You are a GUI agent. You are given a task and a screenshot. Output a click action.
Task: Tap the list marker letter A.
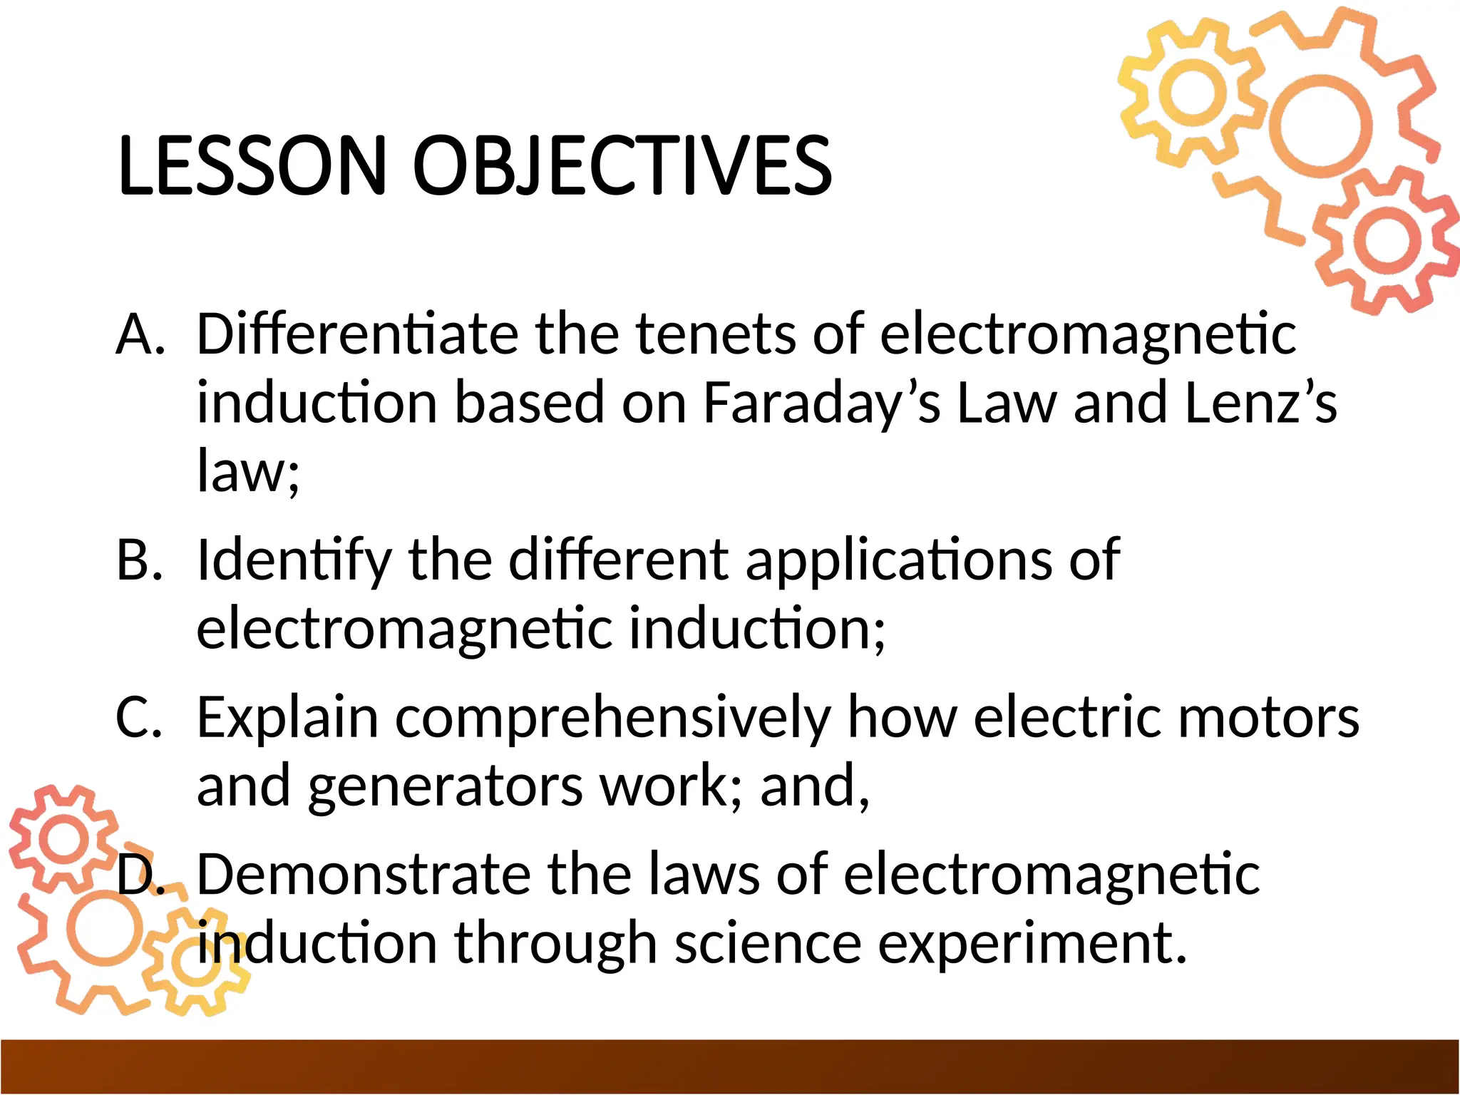140,334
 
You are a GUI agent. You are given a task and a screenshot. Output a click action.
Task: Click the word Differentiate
357,334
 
